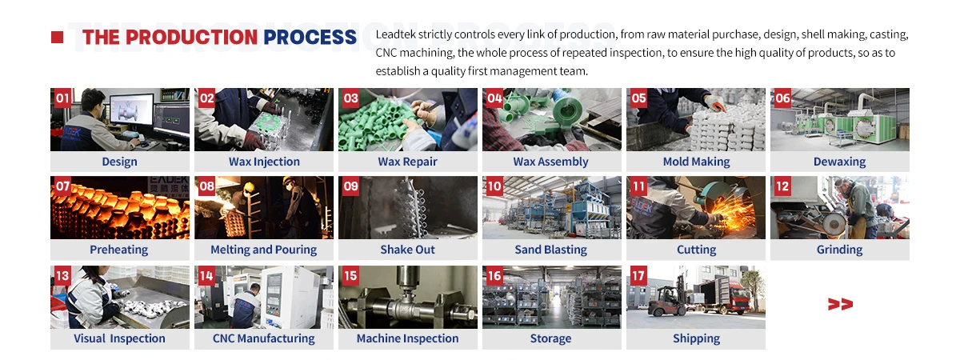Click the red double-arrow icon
(840, 304)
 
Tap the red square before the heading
(57, 37)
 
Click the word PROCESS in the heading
(310, 37)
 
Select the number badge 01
(62, 98)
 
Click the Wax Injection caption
(264, 162)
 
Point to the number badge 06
(782, 98)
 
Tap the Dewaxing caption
(839, 162)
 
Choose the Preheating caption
(119, 250)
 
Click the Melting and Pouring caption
(263, 250)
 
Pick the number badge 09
(350, 186)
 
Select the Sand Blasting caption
(551, 250)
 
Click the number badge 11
(638, 186)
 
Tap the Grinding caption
(839, 250)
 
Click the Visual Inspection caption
(119, 338)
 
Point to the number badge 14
(206, 276)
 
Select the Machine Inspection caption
(407, 338)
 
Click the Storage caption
(551, 338)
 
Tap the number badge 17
(638, 276)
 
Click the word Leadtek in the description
(398, 35)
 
